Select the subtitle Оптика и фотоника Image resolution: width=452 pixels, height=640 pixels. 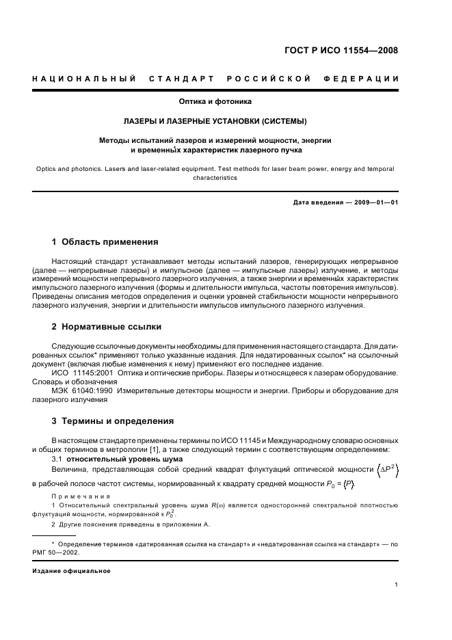pos(215,102)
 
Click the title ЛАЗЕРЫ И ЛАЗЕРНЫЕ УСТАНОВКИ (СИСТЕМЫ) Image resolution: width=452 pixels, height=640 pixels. pos(215,121)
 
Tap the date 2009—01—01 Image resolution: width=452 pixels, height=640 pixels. pos(374,202)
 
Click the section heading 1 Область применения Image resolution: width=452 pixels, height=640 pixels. pos(105,242)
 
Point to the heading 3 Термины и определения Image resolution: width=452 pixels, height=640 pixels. pos(113,421)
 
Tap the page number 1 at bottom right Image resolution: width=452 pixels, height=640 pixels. pos(396,585)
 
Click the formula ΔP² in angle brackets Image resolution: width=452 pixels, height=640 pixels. pos(384,470)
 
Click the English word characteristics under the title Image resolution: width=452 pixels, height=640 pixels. pos(215,177)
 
